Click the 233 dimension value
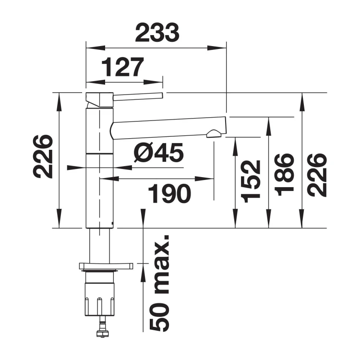coord(157,33)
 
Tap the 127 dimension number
coord(122,67)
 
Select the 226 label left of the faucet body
coord(43,156)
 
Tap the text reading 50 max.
coord(159,283)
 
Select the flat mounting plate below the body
coord(106,265)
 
